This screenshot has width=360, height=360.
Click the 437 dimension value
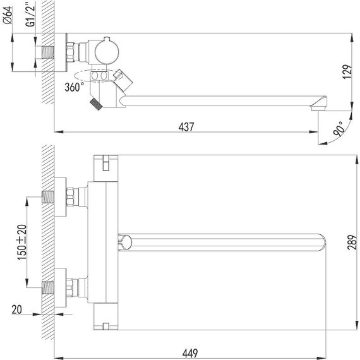coord(186,127)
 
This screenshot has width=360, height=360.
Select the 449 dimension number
coord(190,353)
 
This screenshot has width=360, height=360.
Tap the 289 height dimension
coord(352,242)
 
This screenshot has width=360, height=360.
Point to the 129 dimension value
coord(347,72)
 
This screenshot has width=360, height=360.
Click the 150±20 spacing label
coord(22,243)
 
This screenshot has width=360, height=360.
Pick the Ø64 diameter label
coord(8,15)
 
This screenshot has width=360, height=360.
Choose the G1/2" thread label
coord(30,15)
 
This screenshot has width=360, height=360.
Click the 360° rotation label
coord(74,87)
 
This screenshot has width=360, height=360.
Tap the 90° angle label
coord(339,129)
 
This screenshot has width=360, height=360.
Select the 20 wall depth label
coord(17,309)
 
